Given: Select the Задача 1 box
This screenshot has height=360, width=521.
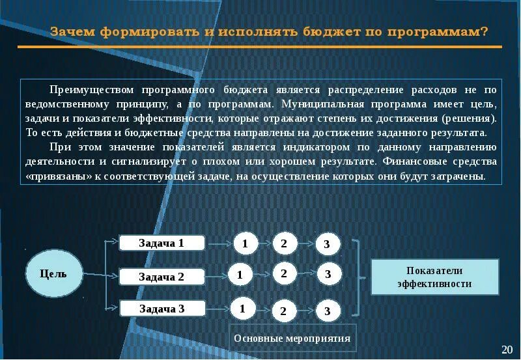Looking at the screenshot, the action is tap(162, 243).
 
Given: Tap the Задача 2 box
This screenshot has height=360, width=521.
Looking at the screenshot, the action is tap(162, 277).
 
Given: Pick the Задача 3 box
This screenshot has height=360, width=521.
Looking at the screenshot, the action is tap(162, 309).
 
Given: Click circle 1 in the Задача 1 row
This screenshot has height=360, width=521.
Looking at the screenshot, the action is tap(245, 243).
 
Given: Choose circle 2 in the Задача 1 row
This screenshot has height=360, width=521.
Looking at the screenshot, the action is tap(284, 243).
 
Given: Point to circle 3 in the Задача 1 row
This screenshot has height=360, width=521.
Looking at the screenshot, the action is tap(327, 245).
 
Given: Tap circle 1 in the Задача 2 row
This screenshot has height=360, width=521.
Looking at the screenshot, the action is tap(240, 275).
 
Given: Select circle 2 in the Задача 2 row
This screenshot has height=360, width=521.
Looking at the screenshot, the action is tap(284, 273).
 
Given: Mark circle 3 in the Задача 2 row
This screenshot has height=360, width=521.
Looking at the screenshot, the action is tap(328, 274).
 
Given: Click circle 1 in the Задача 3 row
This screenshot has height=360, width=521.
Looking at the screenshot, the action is tap(242, 308).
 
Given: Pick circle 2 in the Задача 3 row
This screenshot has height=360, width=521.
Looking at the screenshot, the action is tap(283, 311).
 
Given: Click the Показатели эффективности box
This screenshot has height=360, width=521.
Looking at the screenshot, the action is tap(434, 277).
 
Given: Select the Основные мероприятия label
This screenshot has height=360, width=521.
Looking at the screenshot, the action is tap(292, 339).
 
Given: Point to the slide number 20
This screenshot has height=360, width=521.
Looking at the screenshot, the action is tap(507, 349).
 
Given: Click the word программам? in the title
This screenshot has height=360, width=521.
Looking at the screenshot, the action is tap(447, 32).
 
